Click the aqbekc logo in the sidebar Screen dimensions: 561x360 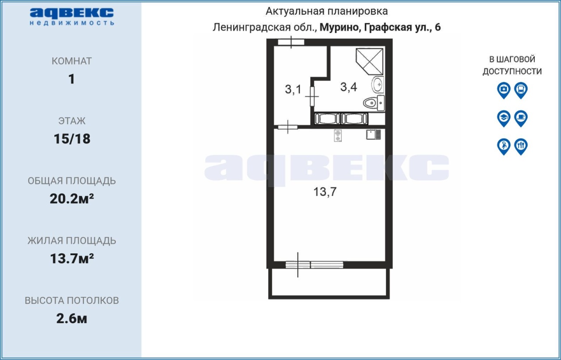click(72, 17)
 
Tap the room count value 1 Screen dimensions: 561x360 click(71, 79)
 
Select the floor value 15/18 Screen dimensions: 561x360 click(72, 139)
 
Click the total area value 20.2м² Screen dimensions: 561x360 click(72, 199)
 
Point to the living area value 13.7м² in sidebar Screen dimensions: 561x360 click(72, 258)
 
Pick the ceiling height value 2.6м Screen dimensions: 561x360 click(71, 319)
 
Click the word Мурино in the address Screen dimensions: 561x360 click(339, 27)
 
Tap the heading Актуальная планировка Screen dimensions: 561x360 click(327, 11)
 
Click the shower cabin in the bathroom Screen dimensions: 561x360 click(369, 61)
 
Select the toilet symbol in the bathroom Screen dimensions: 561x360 click(374, 102)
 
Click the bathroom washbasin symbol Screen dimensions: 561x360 click(377, 85)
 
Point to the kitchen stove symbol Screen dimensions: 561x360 click(338, 136)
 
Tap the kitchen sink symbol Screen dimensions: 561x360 click(373, 134)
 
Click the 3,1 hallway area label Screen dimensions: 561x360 click(293, 89)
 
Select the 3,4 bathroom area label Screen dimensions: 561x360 click(348, 87)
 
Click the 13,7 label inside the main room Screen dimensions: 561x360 click(325, 192)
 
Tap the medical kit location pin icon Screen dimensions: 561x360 click(504, 90)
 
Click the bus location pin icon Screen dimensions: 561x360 click(521, 90)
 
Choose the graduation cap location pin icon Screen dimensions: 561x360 click(504, 118)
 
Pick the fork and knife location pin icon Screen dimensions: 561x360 click(521, 147)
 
